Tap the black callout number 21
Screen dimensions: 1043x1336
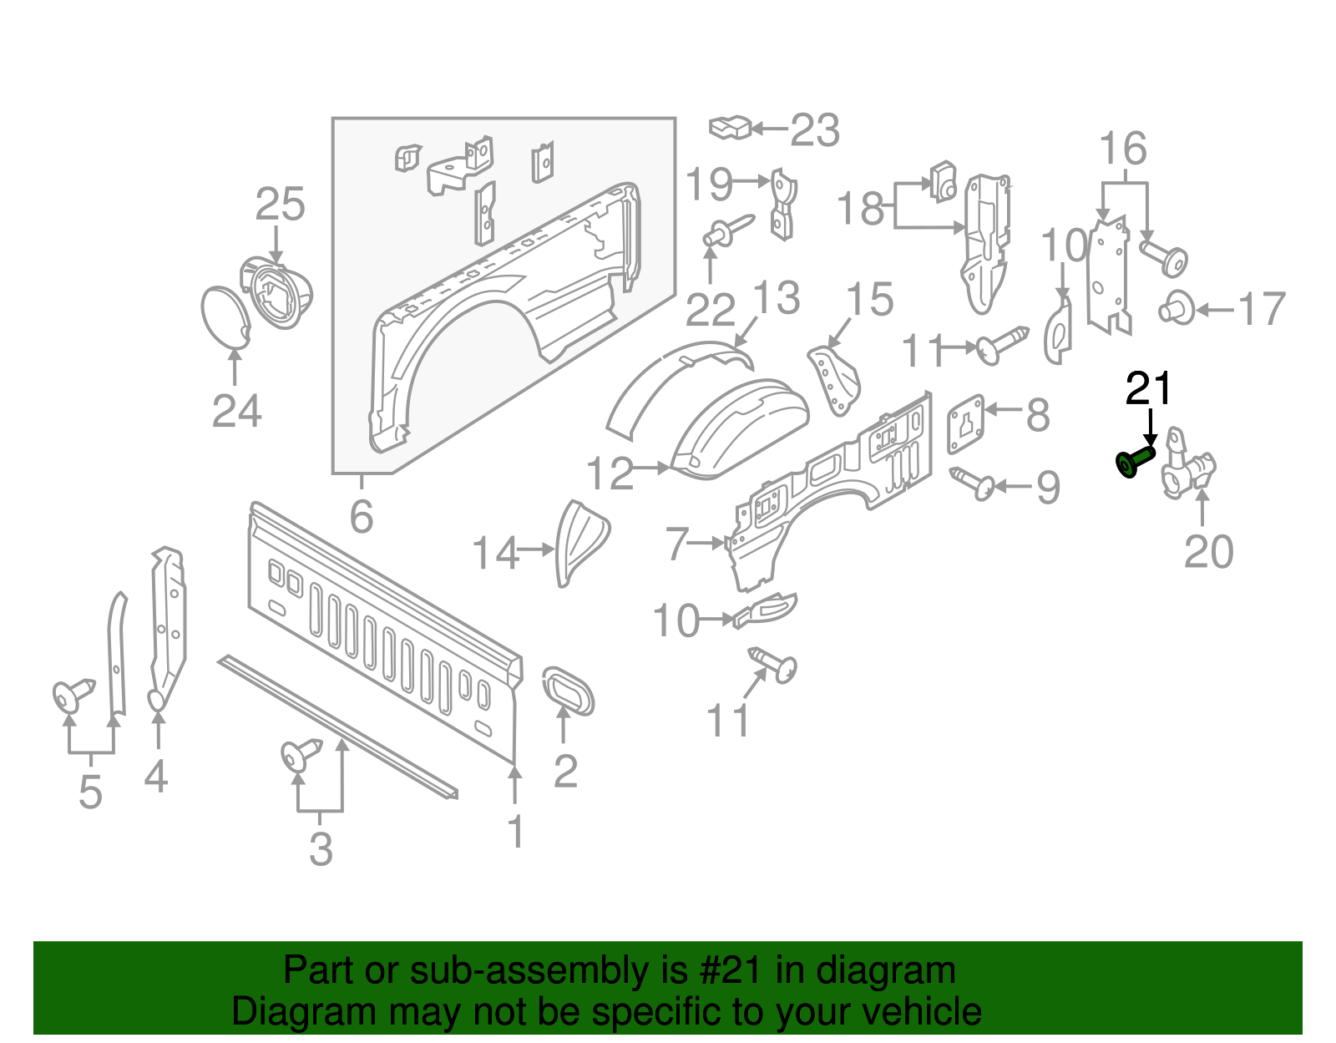pyautogui.click(x=1149, y=389)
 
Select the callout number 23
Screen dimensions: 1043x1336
pyautogui.click(x=814, y=130)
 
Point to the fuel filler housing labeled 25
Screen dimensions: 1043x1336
pyautogui.click(x=278, y=292)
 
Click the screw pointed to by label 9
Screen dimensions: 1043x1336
pyautogui.click(x=974, y=482)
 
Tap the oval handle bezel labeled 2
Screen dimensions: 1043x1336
pyautogui.click(x=569, y=690)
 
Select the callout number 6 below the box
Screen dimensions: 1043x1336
pyautogui.click(x=361, y=517)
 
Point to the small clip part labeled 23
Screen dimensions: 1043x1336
pyautogui.click(x=730, y=128)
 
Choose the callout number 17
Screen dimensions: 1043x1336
pyautogui.click(x=1262, y=310)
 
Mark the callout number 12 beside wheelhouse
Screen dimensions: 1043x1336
pyautogui.click(x=610, y=473)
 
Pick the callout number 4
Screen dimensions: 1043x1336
pyautogui.click(x=156, y=776)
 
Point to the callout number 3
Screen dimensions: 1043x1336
pyautogui.click(x=321, y=849)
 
